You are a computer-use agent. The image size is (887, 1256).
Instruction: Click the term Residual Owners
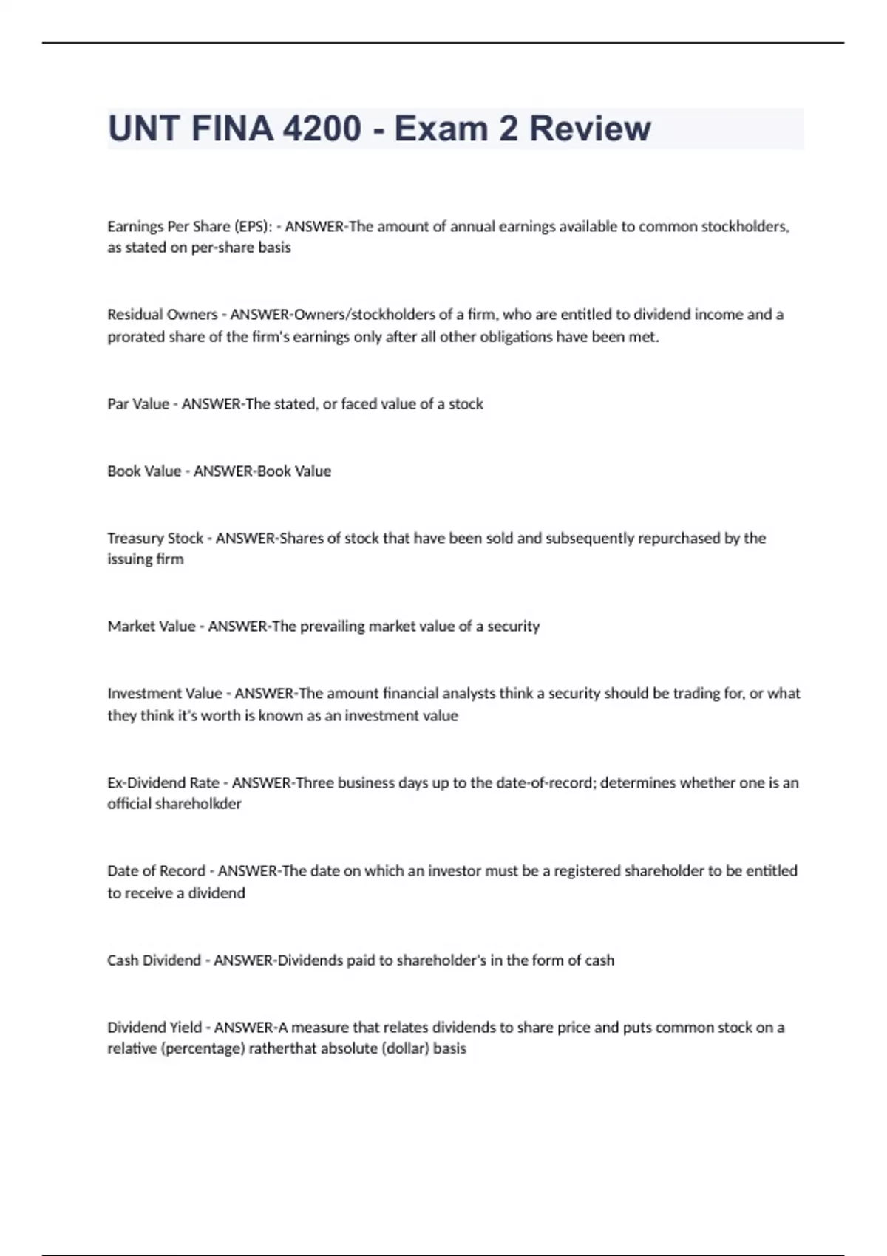[x=162, y=315]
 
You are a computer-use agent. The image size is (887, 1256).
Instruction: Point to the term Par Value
[x=138, y=404]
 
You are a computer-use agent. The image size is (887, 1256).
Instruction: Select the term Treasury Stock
[x=155, y=538]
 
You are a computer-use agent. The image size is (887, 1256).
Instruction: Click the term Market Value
[x=152, y=627]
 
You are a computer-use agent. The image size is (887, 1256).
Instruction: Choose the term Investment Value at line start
[x=165, y=694]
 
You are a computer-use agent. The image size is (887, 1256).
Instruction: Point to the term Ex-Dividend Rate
[x=163, y=783]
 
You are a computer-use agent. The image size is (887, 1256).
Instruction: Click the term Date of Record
[x=157, y=871]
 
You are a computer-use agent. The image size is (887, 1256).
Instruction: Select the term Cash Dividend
[x=154, y=960]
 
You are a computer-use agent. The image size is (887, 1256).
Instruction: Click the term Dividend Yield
[x=154, y=1028]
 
